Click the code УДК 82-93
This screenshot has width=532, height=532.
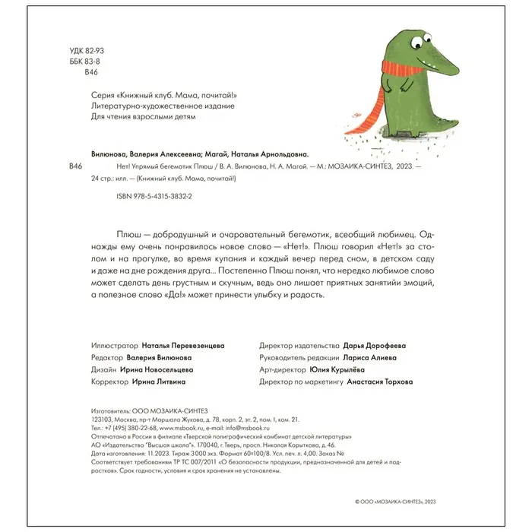tap(87, 50)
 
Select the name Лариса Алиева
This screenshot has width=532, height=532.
tap(369, 356)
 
